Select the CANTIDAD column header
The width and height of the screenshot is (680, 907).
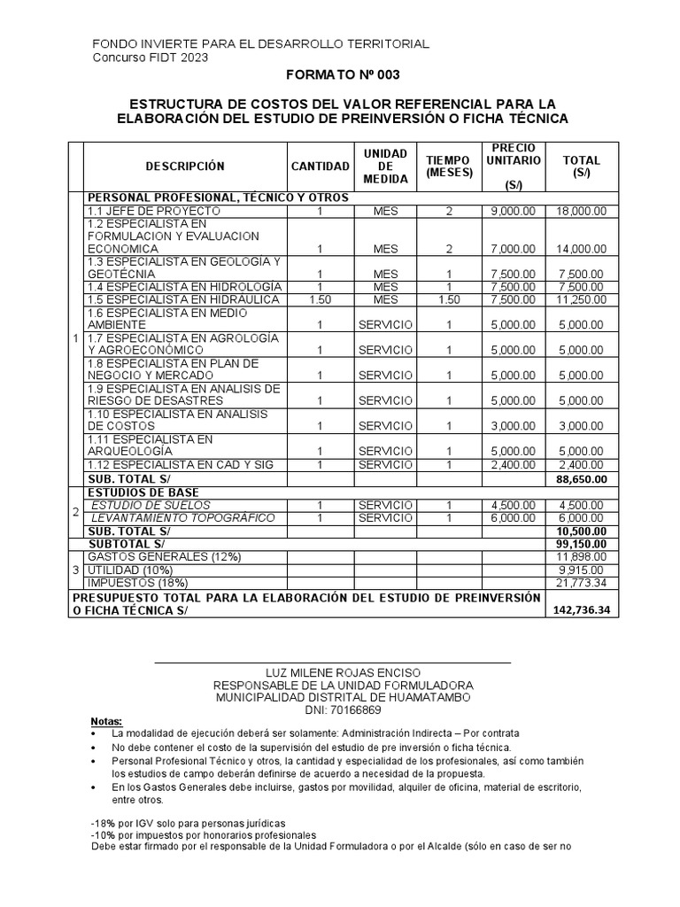coord(320,166)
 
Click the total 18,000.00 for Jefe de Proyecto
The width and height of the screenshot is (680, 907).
coord(581,212)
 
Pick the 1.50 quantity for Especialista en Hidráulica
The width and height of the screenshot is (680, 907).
coord(320,300)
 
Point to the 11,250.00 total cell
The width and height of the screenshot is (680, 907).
coord(581,300)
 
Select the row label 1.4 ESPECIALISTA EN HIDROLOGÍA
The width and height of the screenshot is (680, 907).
coord(184,287)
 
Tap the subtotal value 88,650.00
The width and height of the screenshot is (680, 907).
coord(581,479)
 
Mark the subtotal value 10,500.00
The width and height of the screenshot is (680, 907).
coord(581,531)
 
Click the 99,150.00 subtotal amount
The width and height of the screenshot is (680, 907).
coord(581,543)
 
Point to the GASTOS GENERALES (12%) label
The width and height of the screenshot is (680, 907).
coord(164,556)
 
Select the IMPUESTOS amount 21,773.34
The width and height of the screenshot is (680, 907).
coord(581,582)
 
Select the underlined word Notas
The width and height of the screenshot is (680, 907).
coord(107,722)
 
